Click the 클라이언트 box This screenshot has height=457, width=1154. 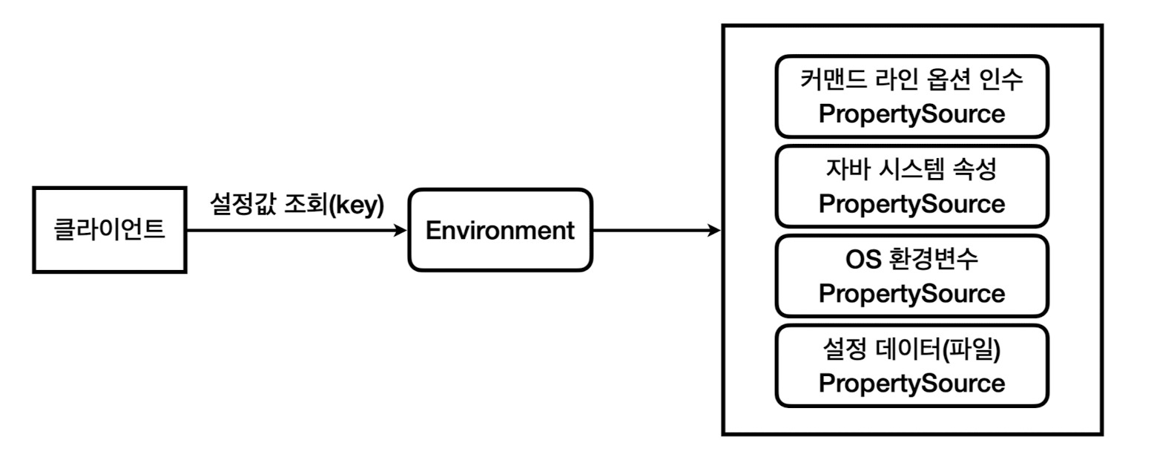pyautogui.click(x=110, y=230)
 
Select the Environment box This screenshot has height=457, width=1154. pyautogui.click(x=500, y=230)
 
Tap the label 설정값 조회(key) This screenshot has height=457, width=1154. pyautogui.click(x=297, y=205)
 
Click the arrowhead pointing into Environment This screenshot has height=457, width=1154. pyautogui.click(x=400, y=230)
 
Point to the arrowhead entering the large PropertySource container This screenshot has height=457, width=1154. pyautogui.click(x=714, y=230)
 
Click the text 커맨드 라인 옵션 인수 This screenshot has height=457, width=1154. pyautogui.click(x=911, y=79)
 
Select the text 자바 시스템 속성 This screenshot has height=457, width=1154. pyautogui.click(x=911, y=169)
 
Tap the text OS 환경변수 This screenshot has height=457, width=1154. pyautogui.click(x=911, y=259)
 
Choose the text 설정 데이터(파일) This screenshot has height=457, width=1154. pyautogui.click(x=911, y=349)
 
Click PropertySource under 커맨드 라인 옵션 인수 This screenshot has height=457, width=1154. pyautogui.click(x=911, y=114)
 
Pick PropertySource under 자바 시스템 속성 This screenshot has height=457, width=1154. pyautogui.click(x=911, y=204)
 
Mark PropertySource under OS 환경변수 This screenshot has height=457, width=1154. pyautogui.click(x=911, y=294)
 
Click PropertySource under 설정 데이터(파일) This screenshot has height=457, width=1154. pyautogui.click(x=911, y=384)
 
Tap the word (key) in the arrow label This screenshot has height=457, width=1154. pyautogui.click(x=357, y=205)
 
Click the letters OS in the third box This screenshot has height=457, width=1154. pyautogui.click(x=863, y=259)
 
